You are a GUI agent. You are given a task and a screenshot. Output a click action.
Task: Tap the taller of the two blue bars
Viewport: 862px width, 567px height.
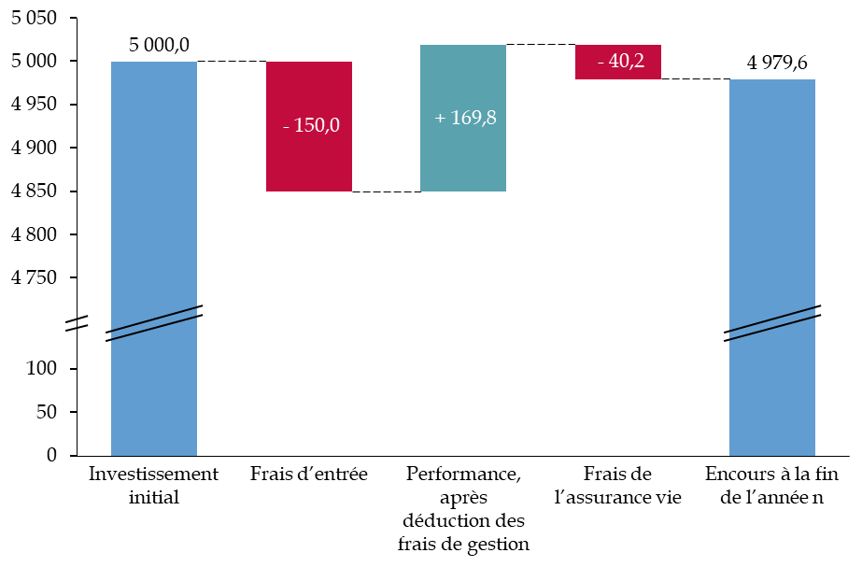tap(154, 187)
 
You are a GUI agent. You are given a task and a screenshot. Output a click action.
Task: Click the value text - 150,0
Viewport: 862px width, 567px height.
tap(312, 125)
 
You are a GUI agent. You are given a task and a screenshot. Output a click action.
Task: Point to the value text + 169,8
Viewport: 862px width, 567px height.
tap(465, 118)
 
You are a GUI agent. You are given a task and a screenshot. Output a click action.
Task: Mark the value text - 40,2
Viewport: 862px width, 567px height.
tap(621, 62)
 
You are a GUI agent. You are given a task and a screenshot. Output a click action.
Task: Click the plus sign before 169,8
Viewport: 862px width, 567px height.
tap(440, 119)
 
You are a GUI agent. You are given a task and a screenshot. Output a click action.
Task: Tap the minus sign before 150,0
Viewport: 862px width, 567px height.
tap(287, 126)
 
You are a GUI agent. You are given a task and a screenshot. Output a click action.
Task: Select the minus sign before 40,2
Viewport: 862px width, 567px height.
tap(601, 63)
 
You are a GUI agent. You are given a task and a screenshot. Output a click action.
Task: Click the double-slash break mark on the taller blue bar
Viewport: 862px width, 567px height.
tap(154, 323)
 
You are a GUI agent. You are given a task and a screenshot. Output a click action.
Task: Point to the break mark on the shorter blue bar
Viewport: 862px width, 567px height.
tap(772, 323)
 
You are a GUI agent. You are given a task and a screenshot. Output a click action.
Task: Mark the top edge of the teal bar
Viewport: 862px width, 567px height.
tap(463, 46)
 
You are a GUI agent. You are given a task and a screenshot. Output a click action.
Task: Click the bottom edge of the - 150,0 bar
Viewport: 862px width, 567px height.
tap(309, 191)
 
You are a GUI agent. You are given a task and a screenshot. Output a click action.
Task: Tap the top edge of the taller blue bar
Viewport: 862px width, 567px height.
tap(154, 63)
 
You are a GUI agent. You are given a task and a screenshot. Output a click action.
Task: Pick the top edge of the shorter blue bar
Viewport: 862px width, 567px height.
tap(772, 80)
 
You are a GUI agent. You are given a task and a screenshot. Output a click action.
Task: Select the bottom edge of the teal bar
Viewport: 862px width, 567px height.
tap(463, 191)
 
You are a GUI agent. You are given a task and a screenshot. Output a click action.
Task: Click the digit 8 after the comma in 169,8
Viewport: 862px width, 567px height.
tap(491, 119)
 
